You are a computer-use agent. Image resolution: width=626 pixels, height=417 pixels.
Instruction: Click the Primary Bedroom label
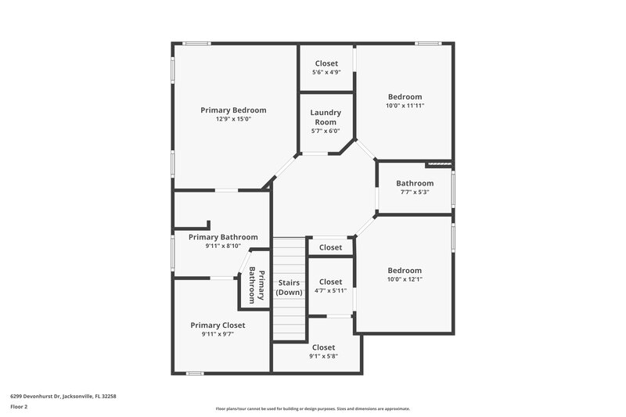(233, 110)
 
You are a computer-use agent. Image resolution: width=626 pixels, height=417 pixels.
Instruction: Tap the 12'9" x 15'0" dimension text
(233, 119)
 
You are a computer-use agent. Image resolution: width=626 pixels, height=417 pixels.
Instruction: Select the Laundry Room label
(326, 117)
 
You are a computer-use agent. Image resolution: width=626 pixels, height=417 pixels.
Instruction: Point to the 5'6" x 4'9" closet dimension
(326, 73)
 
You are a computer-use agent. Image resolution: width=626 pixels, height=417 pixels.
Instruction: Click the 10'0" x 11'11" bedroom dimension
(405, 106)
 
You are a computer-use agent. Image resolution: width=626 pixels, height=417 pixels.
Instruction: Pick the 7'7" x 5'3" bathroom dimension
(415, 192)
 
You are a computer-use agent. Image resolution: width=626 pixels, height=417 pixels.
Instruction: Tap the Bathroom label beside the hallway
(415, 183)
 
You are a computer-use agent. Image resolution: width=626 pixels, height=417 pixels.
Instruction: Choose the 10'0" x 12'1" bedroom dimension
(405, 279)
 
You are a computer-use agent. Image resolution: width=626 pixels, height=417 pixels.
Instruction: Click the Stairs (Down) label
(290, 287)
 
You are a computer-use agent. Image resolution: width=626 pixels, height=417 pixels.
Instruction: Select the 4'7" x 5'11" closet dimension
(330, 291)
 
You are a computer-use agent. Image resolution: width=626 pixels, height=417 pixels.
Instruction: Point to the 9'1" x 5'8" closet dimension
(323, 356)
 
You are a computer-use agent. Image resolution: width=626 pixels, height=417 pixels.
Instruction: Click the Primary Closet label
(218, 325)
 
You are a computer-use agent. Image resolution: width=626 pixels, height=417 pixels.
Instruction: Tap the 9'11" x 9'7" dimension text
(218, 334)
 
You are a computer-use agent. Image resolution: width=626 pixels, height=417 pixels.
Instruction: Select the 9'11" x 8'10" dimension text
(222, 246)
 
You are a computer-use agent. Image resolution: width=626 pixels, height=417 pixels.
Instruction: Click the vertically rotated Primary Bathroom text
(257, 286)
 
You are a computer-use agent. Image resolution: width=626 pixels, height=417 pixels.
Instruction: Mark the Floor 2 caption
(19, 408)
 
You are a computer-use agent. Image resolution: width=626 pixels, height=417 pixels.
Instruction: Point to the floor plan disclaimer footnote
(312, 408)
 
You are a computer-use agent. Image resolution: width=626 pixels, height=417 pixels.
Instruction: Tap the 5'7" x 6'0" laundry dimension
(326, 131)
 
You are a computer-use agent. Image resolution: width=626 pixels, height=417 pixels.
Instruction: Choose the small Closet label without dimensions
(330, 247)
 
